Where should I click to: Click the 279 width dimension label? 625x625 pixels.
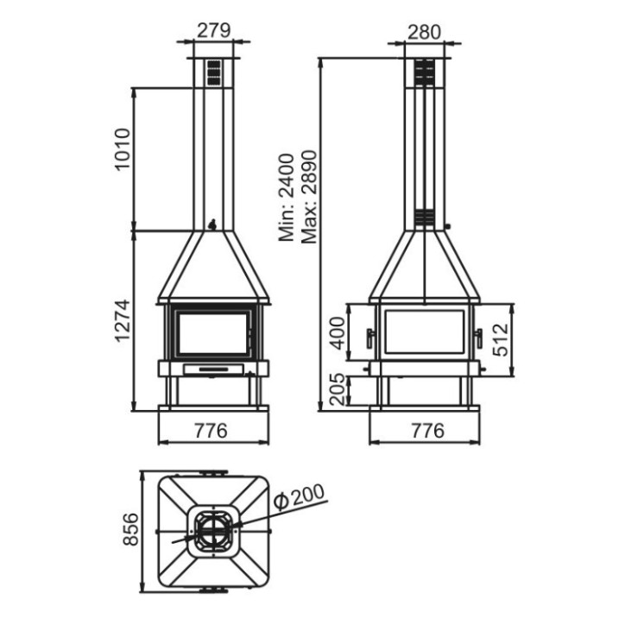214,29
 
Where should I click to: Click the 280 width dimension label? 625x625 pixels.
424,32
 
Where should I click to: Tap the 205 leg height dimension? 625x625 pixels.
338,389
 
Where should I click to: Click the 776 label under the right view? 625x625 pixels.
423,431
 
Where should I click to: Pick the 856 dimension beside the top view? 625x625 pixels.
130,530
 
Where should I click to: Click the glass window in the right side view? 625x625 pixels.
423,333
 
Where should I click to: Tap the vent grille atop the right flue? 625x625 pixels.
423,73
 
